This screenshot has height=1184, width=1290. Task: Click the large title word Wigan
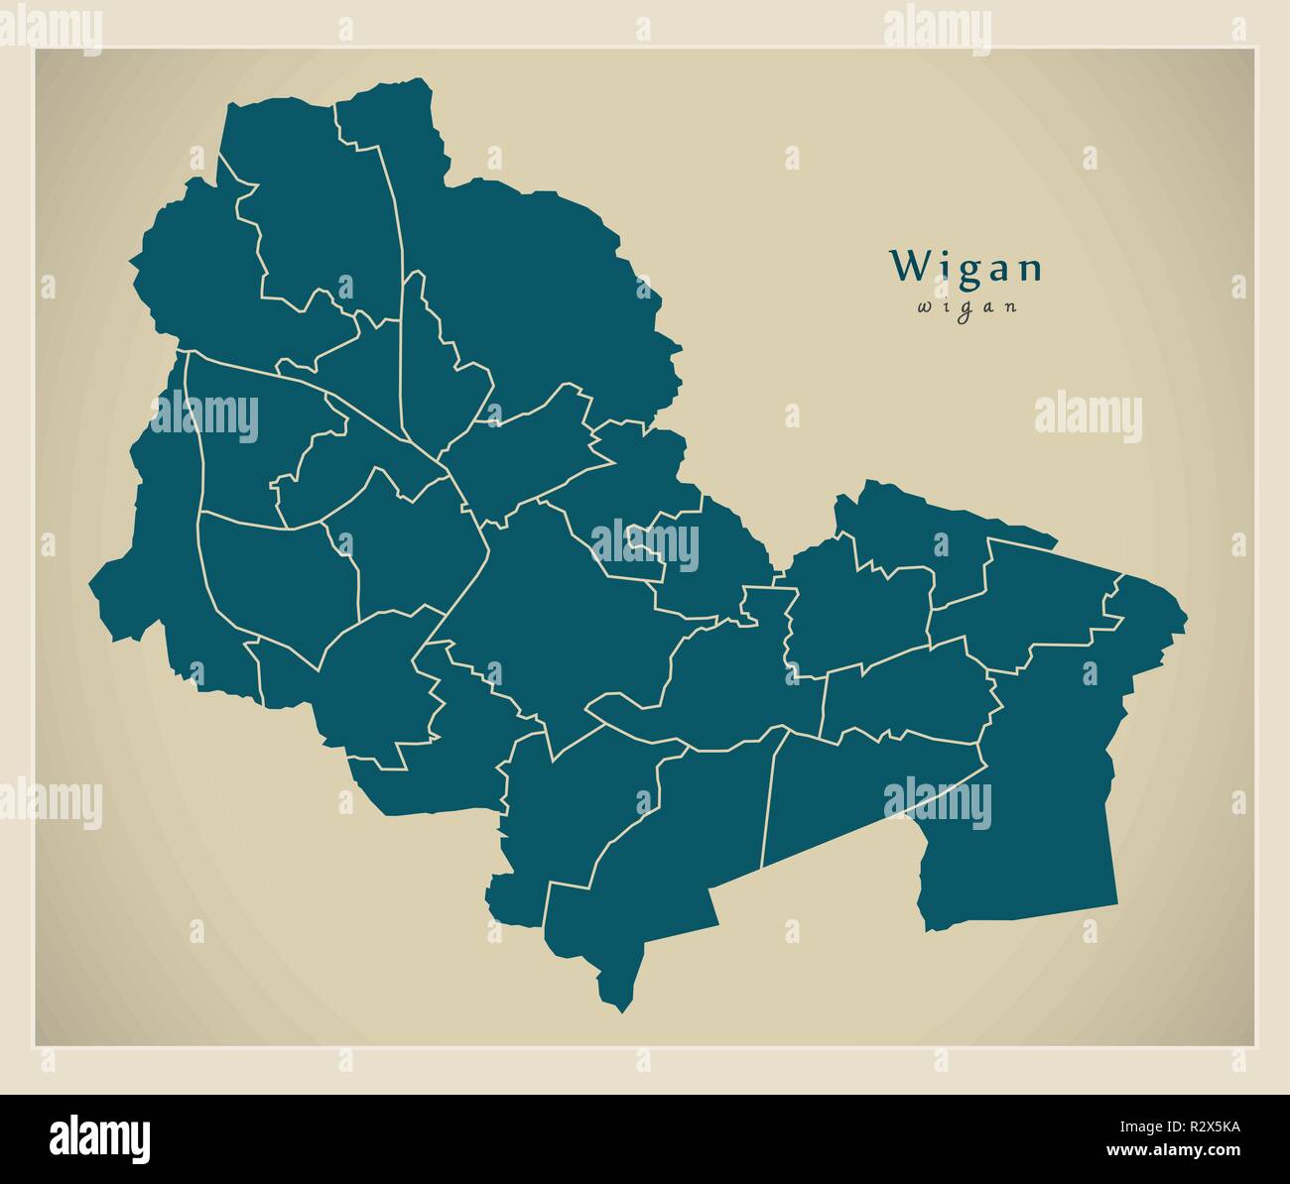tap(967, 267)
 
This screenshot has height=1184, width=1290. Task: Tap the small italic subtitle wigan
tap(967, 306)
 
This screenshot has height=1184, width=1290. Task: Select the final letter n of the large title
tap(1031, 269)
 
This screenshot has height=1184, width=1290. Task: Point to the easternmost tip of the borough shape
tap(1186, 610)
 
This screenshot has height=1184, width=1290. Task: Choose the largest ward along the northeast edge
tap(536, 288)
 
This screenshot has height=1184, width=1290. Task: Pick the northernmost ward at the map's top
tap(392, 119)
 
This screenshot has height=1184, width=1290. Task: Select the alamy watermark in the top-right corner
tap(937, 30)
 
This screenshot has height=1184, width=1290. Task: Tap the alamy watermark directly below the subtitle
tap(1088, 416)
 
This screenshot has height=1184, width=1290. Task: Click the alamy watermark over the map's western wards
tap(204, 416)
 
